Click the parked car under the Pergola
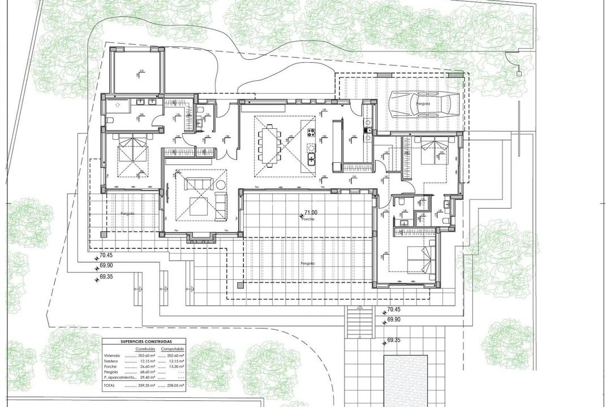coord(424,105)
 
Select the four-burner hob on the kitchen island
coord(311,133)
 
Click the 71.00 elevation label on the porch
coord(311,213)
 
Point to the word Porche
coord(308,219)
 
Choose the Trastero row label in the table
coord(112,361)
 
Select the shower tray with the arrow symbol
coord(117,105)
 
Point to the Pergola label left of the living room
coord(127,213)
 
